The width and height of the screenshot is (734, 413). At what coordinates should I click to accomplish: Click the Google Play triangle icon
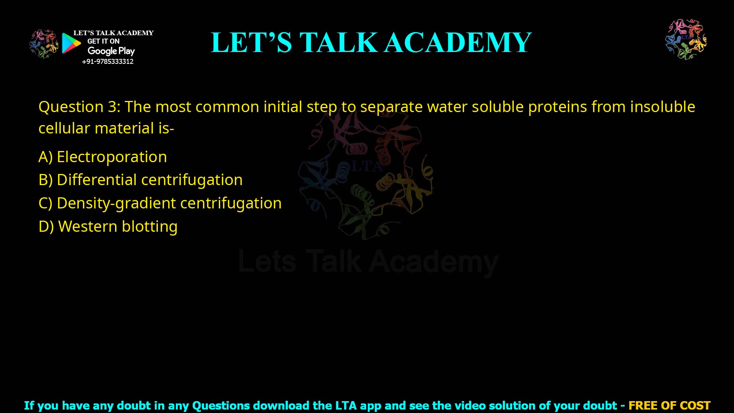click(71, 43)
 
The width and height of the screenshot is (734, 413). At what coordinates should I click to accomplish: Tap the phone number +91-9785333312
click(108, 62)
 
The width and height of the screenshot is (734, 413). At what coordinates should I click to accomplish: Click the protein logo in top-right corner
click(686, 39)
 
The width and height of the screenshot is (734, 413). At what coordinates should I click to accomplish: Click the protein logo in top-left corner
click(44, 44)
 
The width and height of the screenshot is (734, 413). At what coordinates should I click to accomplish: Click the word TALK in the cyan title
click(338, 42)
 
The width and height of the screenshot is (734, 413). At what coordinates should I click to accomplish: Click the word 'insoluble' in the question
click(662, 107)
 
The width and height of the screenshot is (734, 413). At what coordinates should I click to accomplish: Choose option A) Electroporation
click(102, 157)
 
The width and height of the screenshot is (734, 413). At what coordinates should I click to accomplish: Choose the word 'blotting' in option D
click(149, 226)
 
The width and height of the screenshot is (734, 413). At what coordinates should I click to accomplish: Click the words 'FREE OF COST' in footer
click(669, 405)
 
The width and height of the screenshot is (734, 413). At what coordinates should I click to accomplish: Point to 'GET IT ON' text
click(103, 41)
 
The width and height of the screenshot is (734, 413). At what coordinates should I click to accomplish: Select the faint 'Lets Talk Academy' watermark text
click(368, 262)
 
